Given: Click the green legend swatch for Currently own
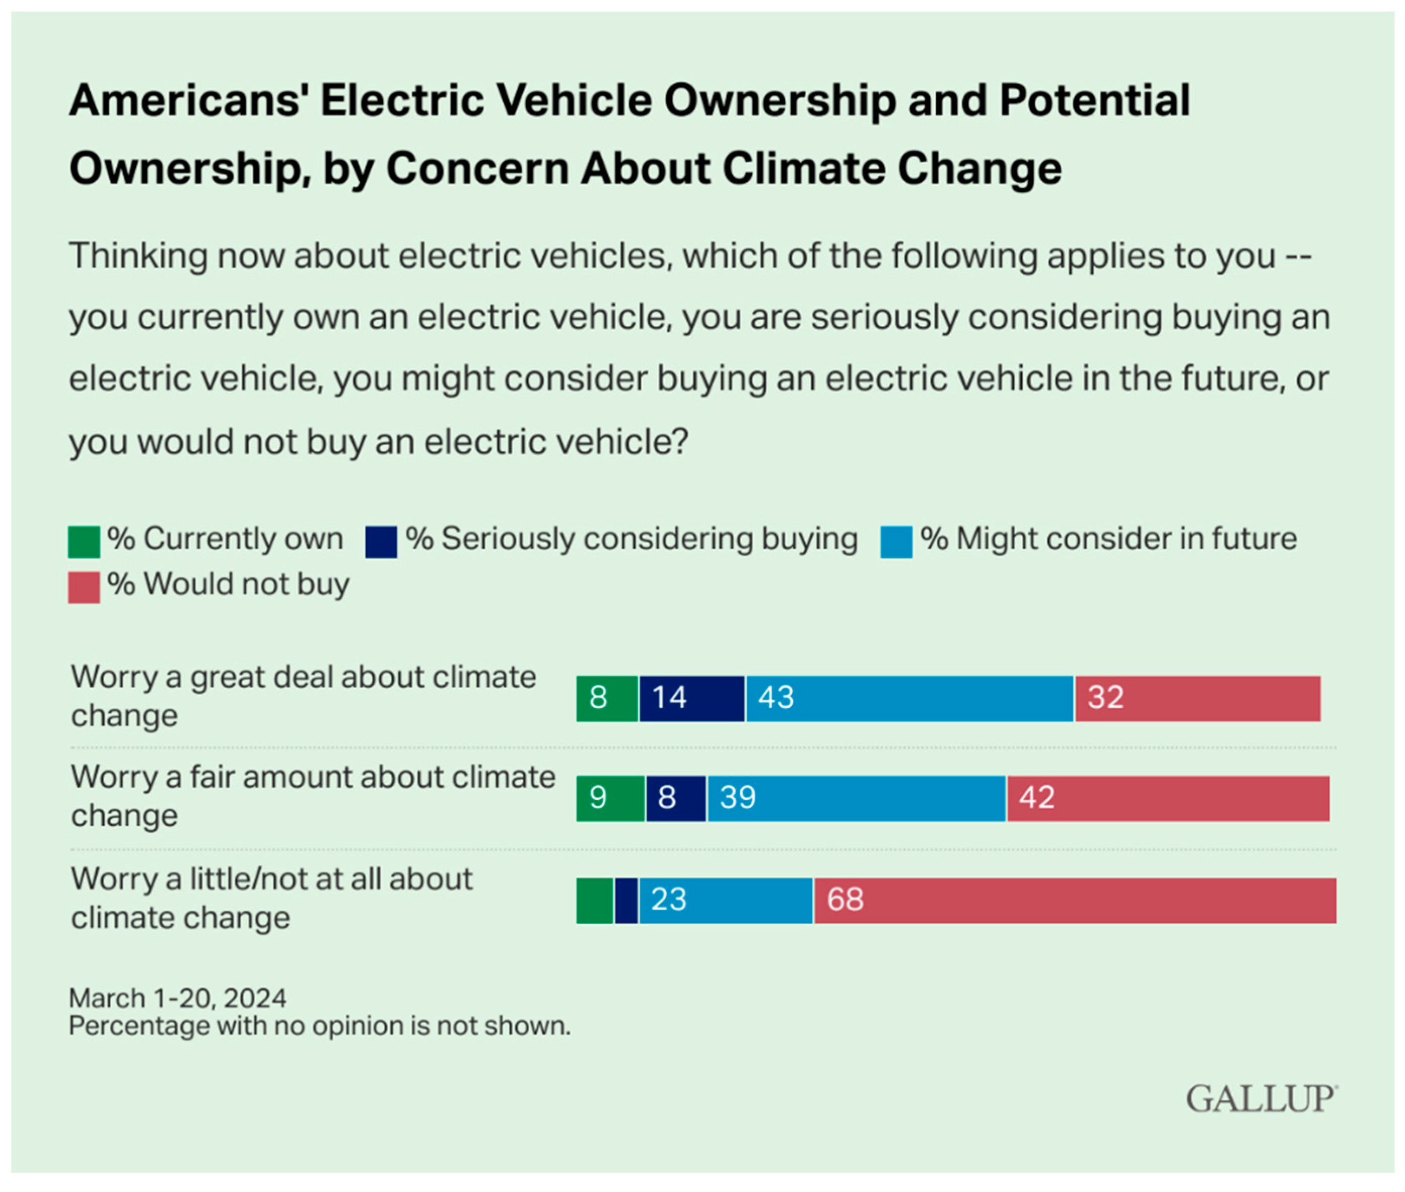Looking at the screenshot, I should click(x=84, y=542).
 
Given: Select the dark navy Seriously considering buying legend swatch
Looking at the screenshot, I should click(x=381, y=542).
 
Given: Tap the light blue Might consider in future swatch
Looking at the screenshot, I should click(x=896, y=542).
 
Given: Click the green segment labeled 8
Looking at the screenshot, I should click(x=606, y=698).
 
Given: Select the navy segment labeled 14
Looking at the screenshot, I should click(x=691, y=698).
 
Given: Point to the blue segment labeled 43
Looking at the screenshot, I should click(x=909, y=698).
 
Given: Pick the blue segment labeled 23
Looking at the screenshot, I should click(x=726, y=900).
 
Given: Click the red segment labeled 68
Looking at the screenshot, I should click(x=1074, y=900).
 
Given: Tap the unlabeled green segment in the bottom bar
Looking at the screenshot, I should click(x=594, y=900).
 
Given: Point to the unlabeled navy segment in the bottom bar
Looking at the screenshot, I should click(x=626, y=900).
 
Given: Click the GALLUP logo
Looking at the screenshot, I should click(x=1260, y=1099).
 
